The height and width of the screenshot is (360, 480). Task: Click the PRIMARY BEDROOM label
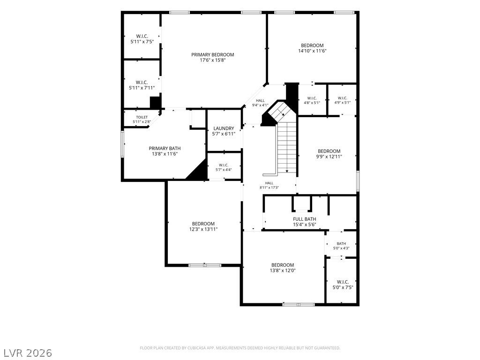click(x=212, y=55)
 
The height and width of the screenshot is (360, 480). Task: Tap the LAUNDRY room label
click(x=224, y=128)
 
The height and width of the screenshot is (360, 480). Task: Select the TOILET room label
click(x=142, y=117)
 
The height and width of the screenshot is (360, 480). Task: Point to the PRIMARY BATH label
click(x=165, y=149)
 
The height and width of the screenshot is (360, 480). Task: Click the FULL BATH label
click(x=305, y=219)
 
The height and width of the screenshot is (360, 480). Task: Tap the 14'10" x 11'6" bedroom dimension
click(x=312, y=51)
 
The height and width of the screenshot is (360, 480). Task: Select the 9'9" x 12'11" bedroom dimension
click(x=329, y=157)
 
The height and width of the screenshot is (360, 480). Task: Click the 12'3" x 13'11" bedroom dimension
click(x=203, y=229)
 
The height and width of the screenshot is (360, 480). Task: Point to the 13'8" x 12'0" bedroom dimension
click(x=283, y=270)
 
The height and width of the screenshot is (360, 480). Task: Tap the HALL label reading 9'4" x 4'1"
click(x=260, y=103)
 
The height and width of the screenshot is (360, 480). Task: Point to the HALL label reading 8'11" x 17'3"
click(x=269, y=185)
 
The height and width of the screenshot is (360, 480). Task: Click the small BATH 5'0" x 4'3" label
click(x=341, y=246)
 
